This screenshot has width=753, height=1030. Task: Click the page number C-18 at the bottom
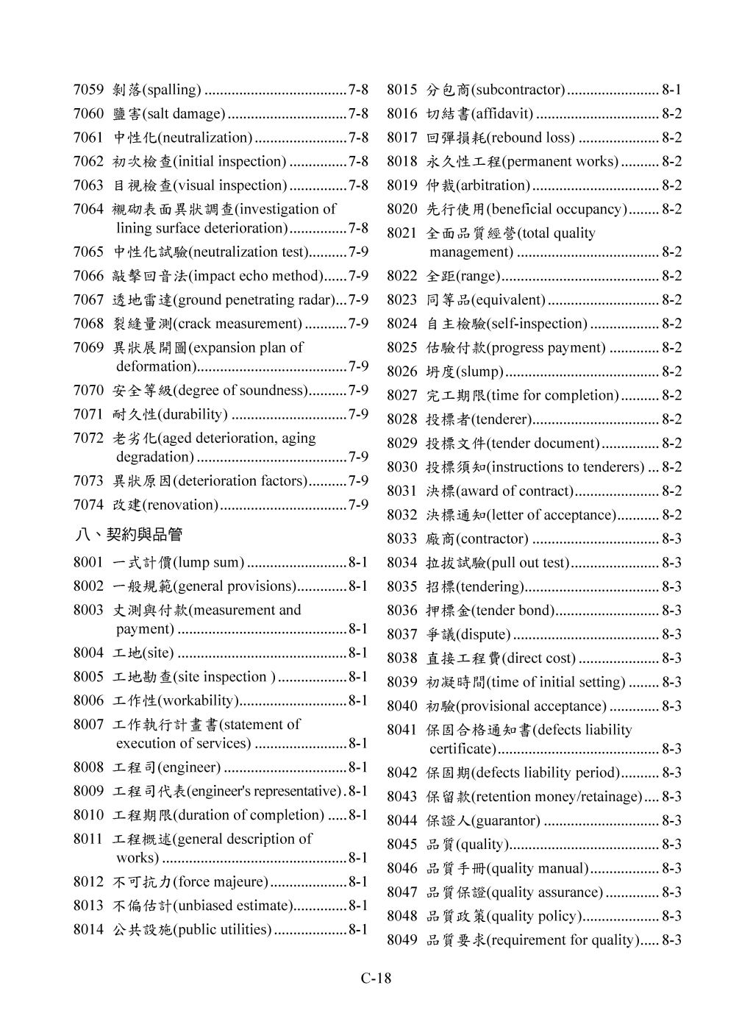tap(376, 978)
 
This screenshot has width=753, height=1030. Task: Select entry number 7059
tap(88, 90)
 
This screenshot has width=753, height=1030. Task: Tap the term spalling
tap(173, 90)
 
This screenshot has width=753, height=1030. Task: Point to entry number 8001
tap(88, 563)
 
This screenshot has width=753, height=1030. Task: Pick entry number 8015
tap(402, 90)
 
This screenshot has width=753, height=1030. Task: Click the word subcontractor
tap(519, 90)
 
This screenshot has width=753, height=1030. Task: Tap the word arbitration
tap(495, 185)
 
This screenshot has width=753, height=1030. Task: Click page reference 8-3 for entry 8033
tap(671, 539)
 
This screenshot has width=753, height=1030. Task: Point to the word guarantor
tap(506, 821)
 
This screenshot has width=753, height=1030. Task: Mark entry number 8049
tap(402, 940)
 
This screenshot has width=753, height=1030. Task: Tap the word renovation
tap(181, 505)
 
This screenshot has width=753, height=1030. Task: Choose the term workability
tap(199, 700)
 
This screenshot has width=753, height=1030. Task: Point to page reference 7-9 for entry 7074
tap(358, 505)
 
